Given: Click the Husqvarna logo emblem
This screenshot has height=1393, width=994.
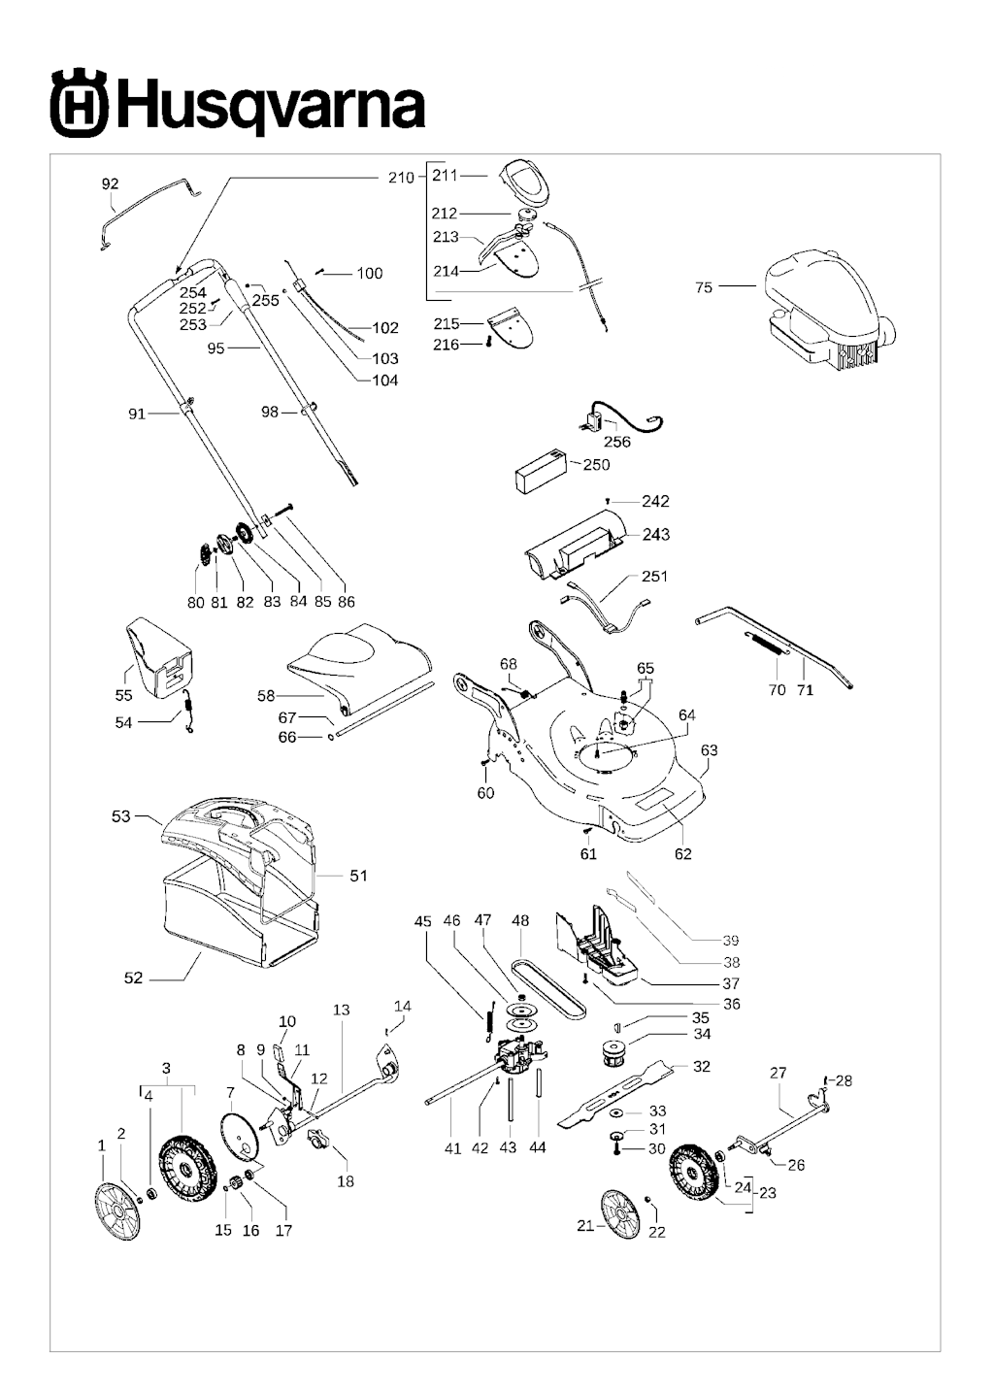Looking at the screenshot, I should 78,103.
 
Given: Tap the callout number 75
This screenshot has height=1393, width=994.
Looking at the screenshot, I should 704,287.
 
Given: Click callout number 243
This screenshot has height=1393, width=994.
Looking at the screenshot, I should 655,535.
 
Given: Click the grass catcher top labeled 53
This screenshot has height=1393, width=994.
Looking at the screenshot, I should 238,825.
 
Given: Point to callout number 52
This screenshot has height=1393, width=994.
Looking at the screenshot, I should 133,978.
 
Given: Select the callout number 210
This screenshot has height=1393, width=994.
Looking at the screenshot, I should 401,177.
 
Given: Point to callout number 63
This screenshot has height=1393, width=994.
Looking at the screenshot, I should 709,750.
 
